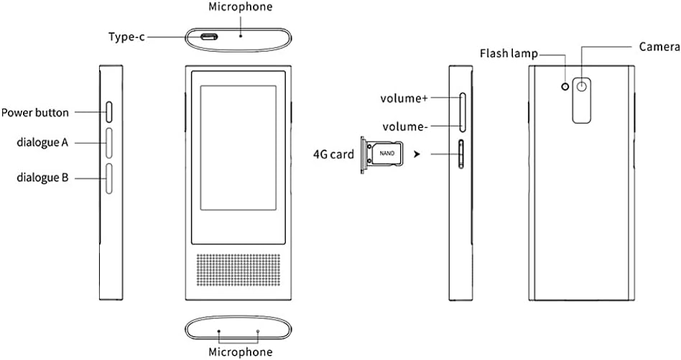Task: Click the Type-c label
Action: (x=126, y=37)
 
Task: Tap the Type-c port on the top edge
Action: (x=209, y=37)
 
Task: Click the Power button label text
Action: (x=35, y=112)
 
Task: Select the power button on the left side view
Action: (x=109, y=111)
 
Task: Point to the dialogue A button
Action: (x=109, y=143)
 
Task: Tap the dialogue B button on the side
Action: (x=109, y=177)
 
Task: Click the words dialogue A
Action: (x=42, y=142)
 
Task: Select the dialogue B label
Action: (x=42, y=177)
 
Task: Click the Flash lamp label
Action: (x=508, y=53)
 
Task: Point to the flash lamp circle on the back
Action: (x=565, y=86)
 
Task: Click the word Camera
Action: (x=659, y=47)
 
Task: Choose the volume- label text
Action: (x=405, y=126)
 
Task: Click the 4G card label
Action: (x=334, y=153)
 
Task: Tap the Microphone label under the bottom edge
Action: (x=240, y=351)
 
